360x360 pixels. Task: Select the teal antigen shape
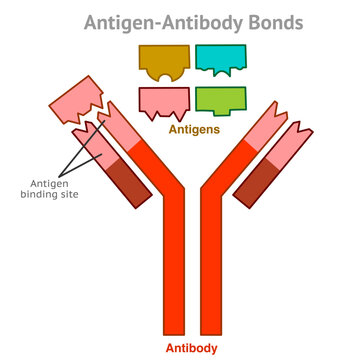pyautogui.click(x=220, y=57)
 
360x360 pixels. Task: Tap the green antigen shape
pyautogui.click(x=220, y=98)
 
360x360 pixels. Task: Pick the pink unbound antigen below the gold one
pyautogui.click(x=164, y=99)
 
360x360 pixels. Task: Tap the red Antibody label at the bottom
pyautogui.click(x=193, y=349)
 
